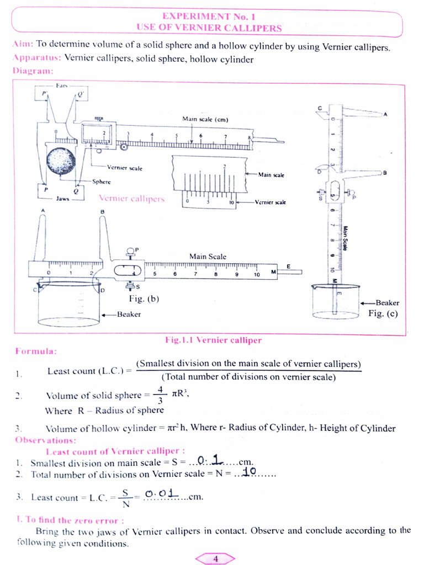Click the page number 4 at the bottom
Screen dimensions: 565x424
tap(215, 559)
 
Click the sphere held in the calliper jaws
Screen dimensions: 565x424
tap(61, 161)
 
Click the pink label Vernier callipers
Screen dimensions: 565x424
tap(131, 198)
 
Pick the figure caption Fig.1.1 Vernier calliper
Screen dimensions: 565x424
tap(214, 340)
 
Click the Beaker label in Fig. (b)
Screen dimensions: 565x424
tap(129, 314)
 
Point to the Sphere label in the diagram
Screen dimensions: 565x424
tap(101, 182)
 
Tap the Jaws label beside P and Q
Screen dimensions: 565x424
tap(62, 199)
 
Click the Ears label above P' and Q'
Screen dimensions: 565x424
tap(62, 86)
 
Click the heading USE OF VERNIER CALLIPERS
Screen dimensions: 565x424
tap(209, 28)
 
